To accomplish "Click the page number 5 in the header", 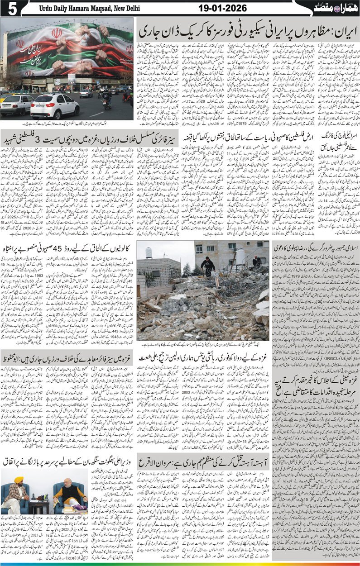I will tap(8, 8).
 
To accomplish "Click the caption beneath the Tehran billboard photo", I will tap(68, 123).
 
